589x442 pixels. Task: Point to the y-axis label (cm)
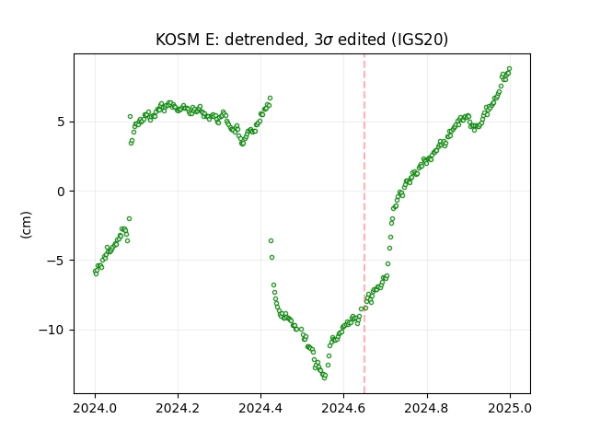click(x=26, y=225)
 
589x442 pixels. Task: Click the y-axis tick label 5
click(x=61, y=122)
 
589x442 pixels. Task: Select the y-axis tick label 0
click(x=61, y=192)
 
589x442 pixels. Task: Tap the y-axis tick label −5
click(x=56, y=261)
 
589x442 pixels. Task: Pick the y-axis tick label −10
click(x=52, y=330)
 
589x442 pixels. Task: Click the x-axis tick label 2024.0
click(x=95, y=408)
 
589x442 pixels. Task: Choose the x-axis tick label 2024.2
click(x=178, y=408)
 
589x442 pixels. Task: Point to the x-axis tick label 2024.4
click(x=260, y=408)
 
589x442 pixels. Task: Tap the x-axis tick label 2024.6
click(x=343, y=408)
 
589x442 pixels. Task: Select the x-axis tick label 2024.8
click(x=427, y=408)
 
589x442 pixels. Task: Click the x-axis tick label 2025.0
click(x=510, y=408)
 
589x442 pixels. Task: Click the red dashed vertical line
click(x=364, y=224)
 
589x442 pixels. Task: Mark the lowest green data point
click(x=324, y=378)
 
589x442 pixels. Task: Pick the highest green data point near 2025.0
click(x=509, y=69)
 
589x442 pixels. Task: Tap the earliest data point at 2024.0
click(x=95, y=272)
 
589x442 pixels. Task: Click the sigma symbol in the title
click(x=328, y=41)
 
